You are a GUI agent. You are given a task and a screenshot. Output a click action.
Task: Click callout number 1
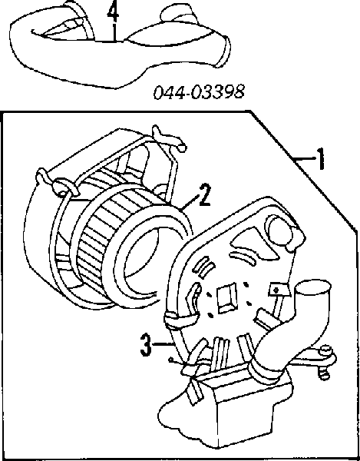coord(322,159)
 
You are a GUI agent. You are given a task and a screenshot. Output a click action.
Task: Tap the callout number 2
coord(203,195)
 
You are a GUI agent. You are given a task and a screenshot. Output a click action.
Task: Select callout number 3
coord(146,344)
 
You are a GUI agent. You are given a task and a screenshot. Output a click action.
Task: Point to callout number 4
coord(113,12)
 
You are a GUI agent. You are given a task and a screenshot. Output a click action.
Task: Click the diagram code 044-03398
coord(199,91)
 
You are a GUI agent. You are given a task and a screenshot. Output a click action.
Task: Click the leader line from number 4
coord(114,32)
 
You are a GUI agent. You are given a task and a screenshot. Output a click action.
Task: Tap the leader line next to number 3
coord(161,343)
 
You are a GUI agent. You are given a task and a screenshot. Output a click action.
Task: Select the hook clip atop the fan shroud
coord(169,138)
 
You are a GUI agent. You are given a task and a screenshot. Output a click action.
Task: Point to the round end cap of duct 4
coord(224,51)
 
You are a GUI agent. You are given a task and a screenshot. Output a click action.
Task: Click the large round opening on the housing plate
coord(279,230)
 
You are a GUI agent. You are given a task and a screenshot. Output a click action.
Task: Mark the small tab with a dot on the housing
coord(276,290)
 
